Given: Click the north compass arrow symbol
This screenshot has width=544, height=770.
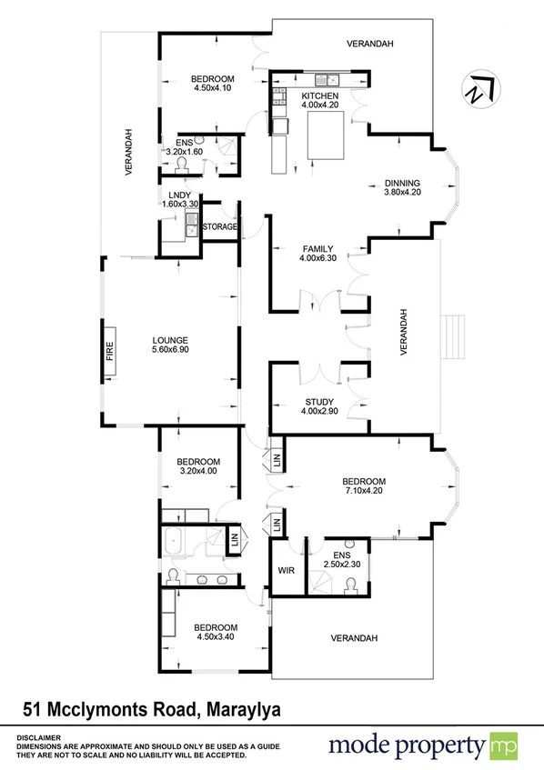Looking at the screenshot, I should pos(479,88).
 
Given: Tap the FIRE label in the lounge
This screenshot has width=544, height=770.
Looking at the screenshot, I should pos(110,352).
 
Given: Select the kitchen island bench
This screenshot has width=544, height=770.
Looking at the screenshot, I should pos(325,134).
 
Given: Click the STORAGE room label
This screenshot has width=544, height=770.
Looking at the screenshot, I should pos(219,226).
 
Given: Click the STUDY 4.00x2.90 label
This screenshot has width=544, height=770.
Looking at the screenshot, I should pos(319,406).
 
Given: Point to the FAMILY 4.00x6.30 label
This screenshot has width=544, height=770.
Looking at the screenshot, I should pos(317,254).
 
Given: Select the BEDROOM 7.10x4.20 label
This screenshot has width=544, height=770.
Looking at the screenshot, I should pos(364,486).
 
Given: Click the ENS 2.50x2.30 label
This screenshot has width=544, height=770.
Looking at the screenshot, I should pos(342,559).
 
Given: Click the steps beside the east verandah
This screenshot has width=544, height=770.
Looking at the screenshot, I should pos(453,336).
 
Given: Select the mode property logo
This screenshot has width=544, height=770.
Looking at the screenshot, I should pos(419,746).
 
